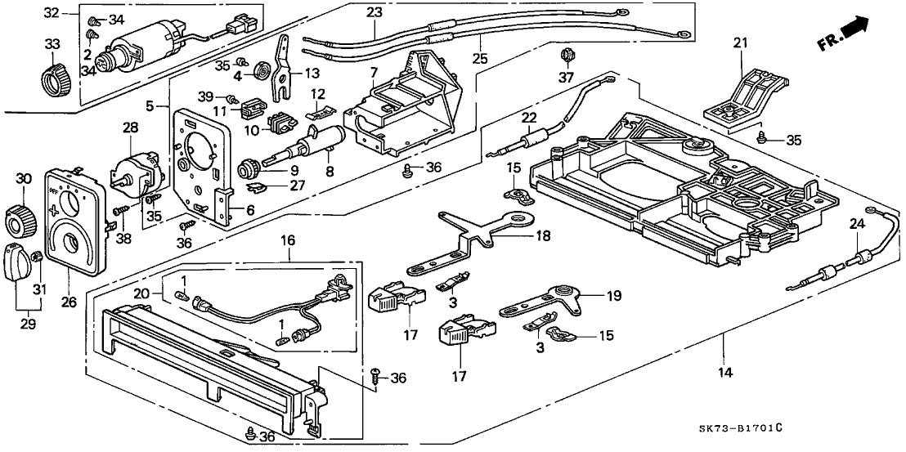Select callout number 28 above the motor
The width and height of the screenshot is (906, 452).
click(x=132, y=127)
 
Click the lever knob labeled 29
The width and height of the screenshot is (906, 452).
click(x=16, y=262)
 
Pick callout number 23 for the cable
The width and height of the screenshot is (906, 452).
click(x=375, y=12)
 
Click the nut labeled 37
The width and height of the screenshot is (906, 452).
click(x=565, y=57)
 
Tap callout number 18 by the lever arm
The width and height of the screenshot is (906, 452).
click(x=543, y=235)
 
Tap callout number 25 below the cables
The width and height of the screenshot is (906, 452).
click(x=478, y=60)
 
